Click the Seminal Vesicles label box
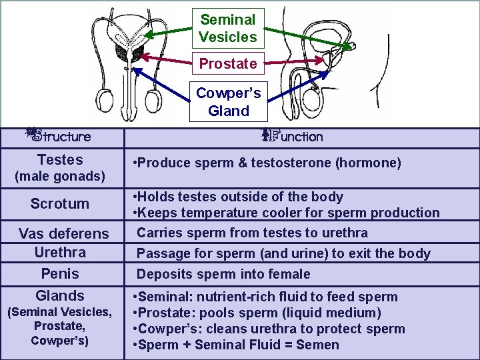coord(228,29)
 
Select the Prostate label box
coord(228,64)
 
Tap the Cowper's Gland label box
coord(228,102)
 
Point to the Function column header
coord(297,137)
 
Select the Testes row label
coord(60,160)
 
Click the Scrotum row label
coord(59,204)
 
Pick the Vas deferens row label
coord(63,233)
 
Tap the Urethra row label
coord(60,253)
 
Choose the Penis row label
coord(60,274)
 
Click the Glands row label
coord(60,296)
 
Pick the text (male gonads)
coord(60,177)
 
